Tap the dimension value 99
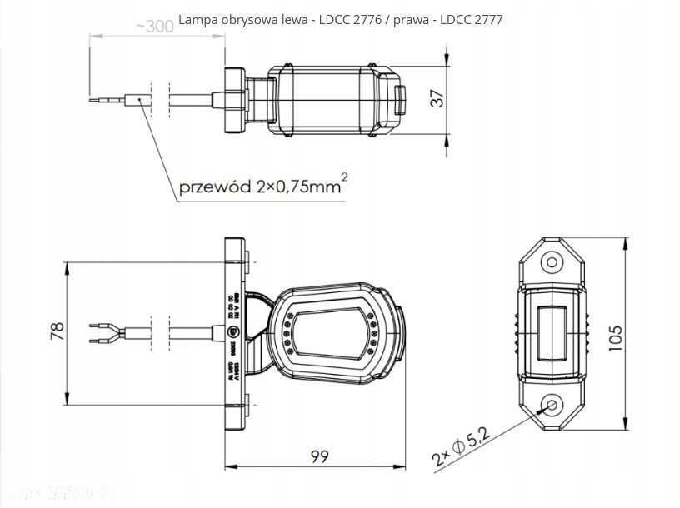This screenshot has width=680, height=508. click(318, 456)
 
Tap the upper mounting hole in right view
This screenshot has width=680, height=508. click(551, 262)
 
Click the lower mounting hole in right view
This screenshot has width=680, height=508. click(551, 406)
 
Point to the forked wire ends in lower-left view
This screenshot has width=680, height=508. click(104, 332)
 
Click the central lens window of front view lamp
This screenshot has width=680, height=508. click(331, 332)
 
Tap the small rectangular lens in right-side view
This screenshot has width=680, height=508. click(551, 332)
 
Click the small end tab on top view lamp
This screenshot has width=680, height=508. click(399, 100)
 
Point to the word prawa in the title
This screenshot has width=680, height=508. click(418, 18)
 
